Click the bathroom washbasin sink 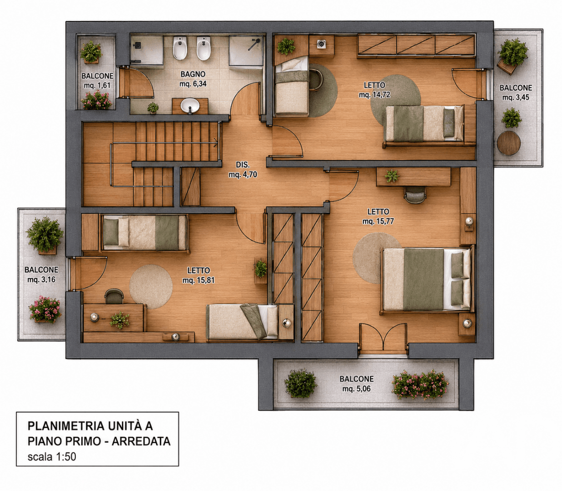[x=190, y=105]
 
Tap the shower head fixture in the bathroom [x=254, y=45]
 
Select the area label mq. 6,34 [x=193, y=84]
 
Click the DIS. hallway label [x=243, y=165]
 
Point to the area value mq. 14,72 [x=374, y=95]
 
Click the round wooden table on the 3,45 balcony [x=509, y=143]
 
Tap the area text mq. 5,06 [x=356, y=389]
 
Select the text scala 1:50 [x=52, y=456]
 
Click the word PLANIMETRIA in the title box [x=66, y=426]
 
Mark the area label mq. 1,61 [x=97, y=85]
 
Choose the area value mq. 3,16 [x=41, y=280]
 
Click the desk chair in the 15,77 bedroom [x=415, y=195]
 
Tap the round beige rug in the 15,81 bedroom [x=151, y=286]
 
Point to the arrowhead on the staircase [x=216, y=143]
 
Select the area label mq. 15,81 [x=199, y=280]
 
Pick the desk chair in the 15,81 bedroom [x=114, y=296]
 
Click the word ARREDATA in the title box [x=141, y=441]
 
